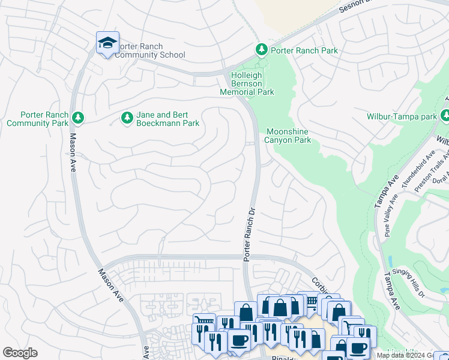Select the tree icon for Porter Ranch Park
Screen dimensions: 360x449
coord(261,49)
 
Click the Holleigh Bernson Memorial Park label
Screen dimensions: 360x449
coord(247,83)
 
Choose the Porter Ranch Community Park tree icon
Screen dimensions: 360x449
coord(77,118)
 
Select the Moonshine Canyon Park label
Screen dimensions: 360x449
coord(288,136)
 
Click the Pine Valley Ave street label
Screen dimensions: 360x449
coord(391,214)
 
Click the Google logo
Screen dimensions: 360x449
coord(20,353)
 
